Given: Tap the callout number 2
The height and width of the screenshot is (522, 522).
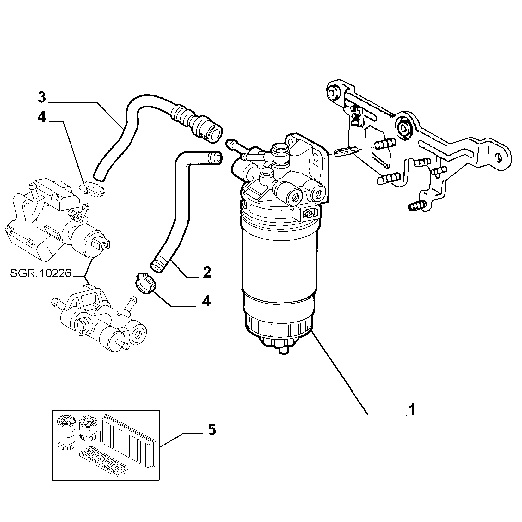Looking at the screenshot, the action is tap(207, 272).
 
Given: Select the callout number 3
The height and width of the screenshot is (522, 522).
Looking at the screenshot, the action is tap(42, 97).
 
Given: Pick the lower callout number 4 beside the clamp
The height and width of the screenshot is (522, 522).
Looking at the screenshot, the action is tap(206, 301).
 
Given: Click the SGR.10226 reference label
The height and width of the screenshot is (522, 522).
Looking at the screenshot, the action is tap(41, 273).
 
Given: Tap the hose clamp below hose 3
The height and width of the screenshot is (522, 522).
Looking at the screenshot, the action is tap(92, 189).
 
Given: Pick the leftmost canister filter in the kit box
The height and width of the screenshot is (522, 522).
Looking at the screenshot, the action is tap(66, 432).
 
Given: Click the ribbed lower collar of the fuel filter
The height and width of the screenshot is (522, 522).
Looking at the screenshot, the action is tap(277, 326).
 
